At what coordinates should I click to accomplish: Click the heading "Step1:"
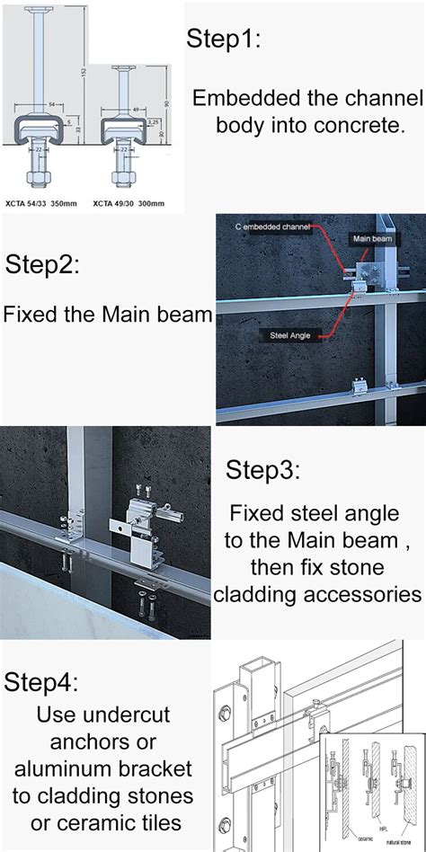tap(225, 39)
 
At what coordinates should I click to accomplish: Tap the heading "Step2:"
tap(44, 266)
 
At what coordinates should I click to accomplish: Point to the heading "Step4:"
tap(40, 680)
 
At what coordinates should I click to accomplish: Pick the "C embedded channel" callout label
tap(273, 227)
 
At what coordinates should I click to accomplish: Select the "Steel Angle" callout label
tap(289, 335)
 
